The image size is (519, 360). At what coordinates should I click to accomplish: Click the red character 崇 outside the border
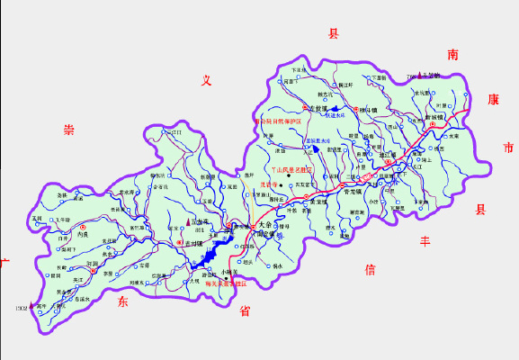tap(68, 130)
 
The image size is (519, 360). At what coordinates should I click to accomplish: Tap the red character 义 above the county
tap(206, 82)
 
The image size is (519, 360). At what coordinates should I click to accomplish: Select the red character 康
tap(491, 99)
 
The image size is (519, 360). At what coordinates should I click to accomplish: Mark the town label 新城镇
tap(434, 117)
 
